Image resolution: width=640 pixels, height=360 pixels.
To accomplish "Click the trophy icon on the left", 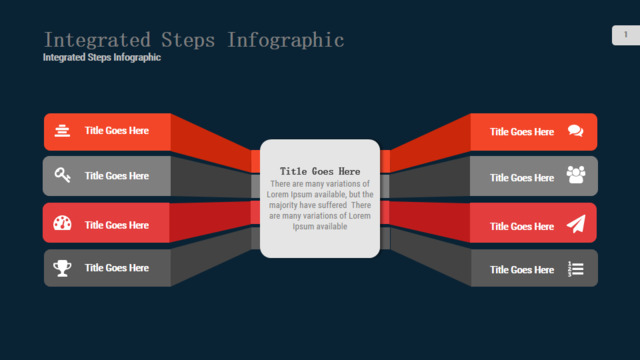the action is coord(62,268).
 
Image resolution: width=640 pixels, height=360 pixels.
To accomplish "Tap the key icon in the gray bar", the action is coord(62,175).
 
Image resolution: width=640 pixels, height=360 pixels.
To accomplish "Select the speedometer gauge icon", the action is coord(62,223).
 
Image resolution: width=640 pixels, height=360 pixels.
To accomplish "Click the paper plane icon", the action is coord(576,224).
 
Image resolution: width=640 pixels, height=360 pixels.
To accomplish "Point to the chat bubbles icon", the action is coord(576,131).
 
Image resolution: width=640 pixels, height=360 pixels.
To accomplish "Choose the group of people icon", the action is coord(576,175).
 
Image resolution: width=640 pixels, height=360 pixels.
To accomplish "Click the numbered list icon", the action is coord(576,269).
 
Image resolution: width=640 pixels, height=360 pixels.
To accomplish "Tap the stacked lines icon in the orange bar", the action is coord(62,131).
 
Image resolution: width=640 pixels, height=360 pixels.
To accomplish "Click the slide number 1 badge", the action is coord(626,35).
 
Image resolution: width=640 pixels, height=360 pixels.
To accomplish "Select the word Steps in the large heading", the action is coord(188,40).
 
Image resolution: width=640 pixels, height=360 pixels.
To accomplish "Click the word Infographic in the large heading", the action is coord(285,40).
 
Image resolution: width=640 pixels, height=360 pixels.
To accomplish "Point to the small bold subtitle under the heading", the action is coord(102,58).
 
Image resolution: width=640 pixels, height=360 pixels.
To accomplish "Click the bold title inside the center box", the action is coord(320,171).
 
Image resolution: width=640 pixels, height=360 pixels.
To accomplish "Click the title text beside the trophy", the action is coord(117,268).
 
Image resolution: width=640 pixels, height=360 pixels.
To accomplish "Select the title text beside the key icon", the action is coord(117,176).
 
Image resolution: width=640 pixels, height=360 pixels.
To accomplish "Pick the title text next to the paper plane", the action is coord(522,227).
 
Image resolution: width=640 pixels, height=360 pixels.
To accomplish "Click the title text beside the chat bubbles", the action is coord(522,132).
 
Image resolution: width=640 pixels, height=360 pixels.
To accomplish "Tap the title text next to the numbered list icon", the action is coord(522,270).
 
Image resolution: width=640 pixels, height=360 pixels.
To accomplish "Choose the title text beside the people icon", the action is coord(522,178).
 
